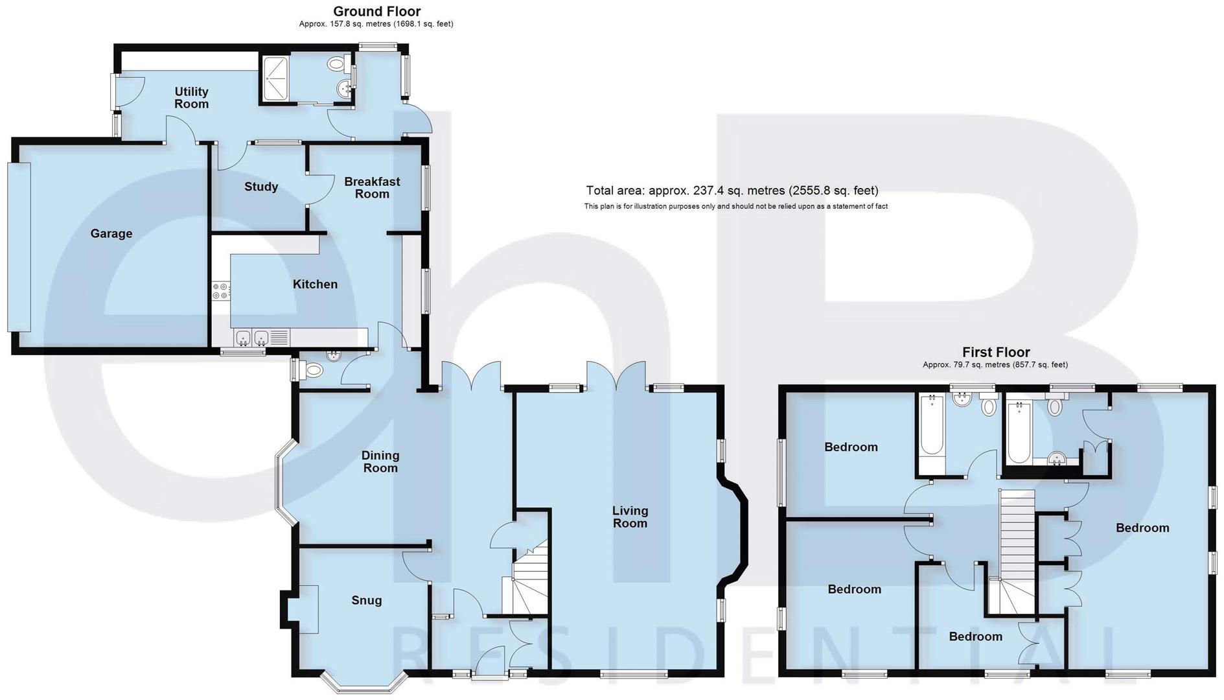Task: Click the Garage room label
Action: coord(111,233)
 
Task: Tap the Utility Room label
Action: coord(191,98)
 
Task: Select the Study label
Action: coord(261,187)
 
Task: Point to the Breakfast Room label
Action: coord(372,187)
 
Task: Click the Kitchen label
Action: coord(315,284)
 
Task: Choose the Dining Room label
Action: coord(380,461)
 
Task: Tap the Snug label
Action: coord(367,600)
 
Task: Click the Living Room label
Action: coord(630,517)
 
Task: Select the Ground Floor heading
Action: coord(376,11)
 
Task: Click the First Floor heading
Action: coord(996,352)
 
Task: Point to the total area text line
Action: coord(732,191)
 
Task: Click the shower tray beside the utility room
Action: coord(277,78)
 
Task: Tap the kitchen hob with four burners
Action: coord(220,291)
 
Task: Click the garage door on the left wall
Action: coord(19,247)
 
